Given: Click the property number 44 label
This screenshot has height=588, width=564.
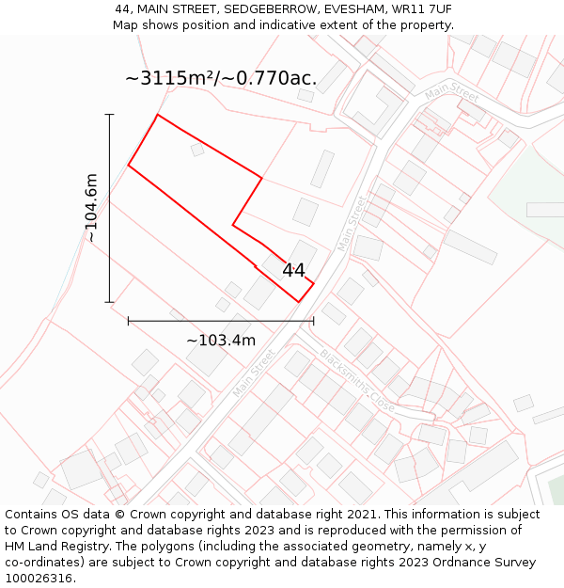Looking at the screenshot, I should tap(293, 270).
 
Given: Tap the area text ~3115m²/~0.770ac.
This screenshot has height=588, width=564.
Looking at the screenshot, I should tap(221, 78).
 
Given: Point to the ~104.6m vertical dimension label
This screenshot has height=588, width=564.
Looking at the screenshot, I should tap(91, 208).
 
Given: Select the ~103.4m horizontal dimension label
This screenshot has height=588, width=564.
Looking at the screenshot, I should tap(221, 340).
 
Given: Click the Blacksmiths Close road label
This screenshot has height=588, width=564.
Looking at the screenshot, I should tap(357, 380).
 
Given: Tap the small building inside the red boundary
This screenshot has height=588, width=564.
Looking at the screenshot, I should tap(197, 150).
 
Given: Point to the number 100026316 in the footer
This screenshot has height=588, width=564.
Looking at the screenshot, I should tap(38, 579).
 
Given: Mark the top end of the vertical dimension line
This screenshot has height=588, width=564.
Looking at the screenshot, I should tap(110, 115).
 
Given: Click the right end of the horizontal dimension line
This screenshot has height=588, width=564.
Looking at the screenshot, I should tap(313, 321).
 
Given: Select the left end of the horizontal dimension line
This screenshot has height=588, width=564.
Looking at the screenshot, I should tap(128, 321).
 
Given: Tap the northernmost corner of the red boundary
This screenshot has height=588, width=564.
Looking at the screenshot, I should tap(157, 115).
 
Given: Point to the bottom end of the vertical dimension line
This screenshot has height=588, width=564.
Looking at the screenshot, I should tap(110, 302).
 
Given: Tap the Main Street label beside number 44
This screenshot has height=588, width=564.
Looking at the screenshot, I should tap(352, 223).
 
